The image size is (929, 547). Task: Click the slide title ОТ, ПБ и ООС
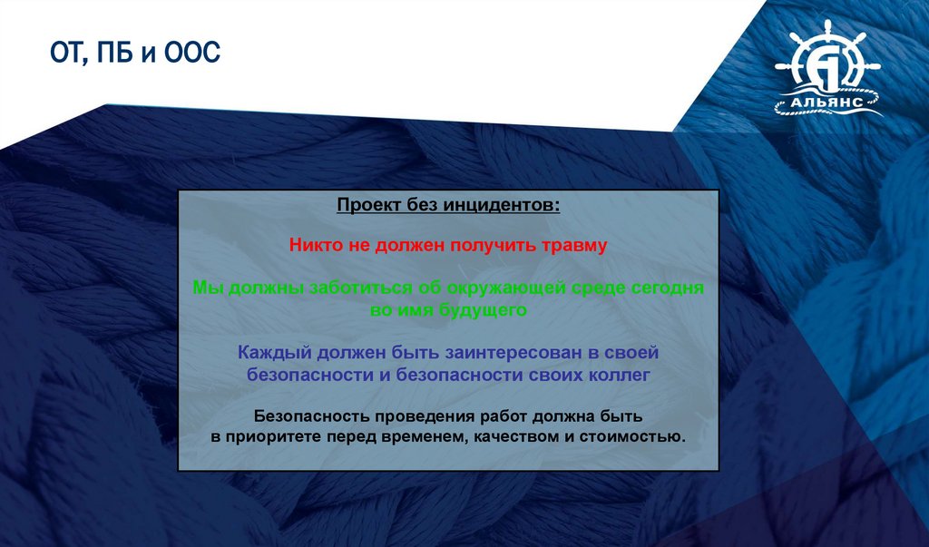coord(135,54)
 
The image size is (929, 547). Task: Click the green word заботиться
coord(361,288)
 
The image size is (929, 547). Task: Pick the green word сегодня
coord(668,288)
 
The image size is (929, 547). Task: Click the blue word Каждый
coord(274,353)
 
